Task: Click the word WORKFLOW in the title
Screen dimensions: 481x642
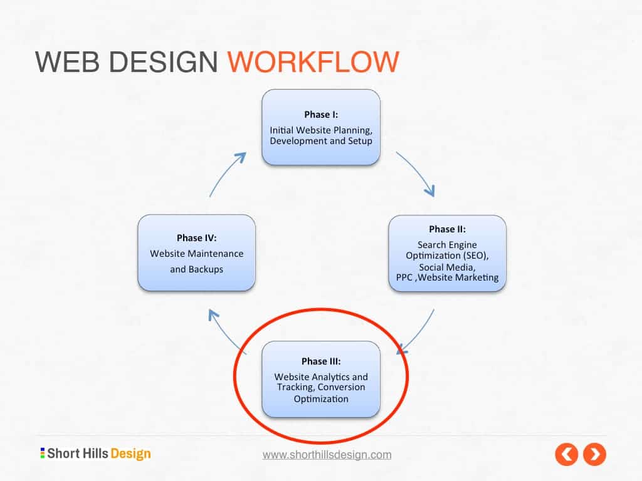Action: click(313, 63)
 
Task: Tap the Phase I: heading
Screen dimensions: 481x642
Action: click(321, 115)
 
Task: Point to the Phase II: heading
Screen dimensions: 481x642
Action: click(447, 229)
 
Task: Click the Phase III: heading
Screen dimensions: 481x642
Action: click(321, 361)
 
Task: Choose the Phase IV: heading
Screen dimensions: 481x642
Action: click(197, 238)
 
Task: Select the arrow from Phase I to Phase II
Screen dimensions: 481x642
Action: click(417, 172)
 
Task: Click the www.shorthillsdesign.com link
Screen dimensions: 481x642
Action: click(327, 455)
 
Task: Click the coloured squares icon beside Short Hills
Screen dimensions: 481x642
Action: click(43, 453)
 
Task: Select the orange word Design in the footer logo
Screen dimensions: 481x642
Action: click(130, 453)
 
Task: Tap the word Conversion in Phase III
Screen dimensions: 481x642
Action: click(342, 387)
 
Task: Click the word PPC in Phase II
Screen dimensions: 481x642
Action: click(404, 277)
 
